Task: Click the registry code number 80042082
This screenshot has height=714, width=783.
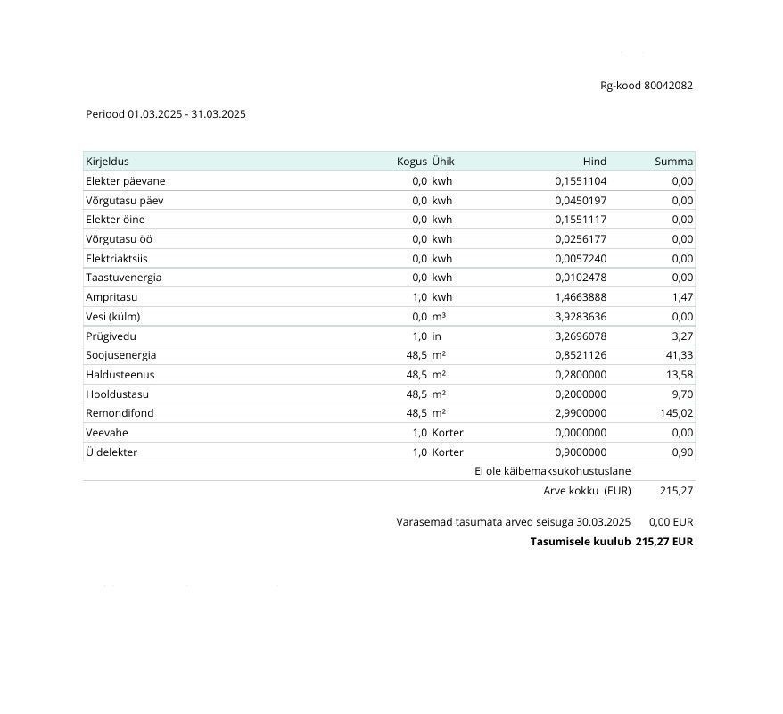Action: pyautogui.click(x=668, y=86)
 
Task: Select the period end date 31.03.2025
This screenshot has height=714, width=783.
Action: pyautogui.click(x=218, y=114)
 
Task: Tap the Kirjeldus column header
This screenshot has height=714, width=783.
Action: pyautogui.click(x=107, y=162)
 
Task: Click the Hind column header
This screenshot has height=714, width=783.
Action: pyautogui.click(x=594, y=162)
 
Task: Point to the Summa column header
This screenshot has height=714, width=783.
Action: pyautogui.click(x=673, y=162)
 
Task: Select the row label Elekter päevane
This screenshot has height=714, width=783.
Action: pyautogui.click(x=125, y=181)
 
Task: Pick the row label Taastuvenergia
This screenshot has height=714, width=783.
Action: pyautogui.click(x=123, y=278)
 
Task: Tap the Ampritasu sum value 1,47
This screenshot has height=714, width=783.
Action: pyautogui.click(x=682, y=297)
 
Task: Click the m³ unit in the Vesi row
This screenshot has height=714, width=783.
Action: pyautogui.click(x=439, y=317)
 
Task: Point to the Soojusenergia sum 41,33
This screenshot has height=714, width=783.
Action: pyautogui.click(x=680, y=355)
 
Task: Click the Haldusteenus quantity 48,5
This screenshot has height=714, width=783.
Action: pyautogui.click(x=416, y=375)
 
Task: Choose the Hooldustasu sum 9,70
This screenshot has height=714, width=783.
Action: pyautogui.click(x=682, y=394)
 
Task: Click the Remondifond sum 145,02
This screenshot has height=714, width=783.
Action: pyautogui.click(x=677, y=413)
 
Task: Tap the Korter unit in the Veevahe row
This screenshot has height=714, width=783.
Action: pyautogui.click(x=448, y=433)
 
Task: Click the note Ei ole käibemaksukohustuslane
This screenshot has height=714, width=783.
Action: pyautogui.click(x=552, y=471)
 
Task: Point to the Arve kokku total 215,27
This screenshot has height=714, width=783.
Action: pyautogui.click(x=676, y=491)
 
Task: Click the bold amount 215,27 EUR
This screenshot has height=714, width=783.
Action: pyautogui.click(x=663, y=542)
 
